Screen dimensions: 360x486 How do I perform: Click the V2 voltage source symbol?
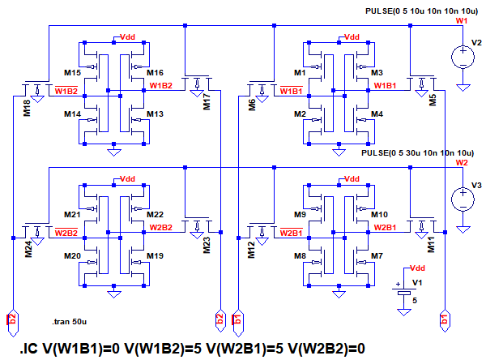click(x=463, y=57)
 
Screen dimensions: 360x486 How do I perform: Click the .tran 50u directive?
click(x=67, y=321)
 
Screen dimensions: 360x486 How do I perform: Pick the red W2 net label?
click(x=462, y=162)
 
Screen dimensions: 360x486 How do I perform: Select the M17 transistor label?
click(x=207, y=101)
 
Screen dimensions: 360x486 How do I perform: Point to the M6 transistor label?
click(x=253, y=103)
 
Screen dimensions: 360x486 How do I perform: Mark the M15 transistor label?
click(x=73, y=74)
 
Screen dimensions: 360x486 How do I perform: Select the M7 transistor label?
click(x=377, y=256)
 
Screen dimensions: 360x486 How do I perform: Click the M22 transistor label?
click(x=155, y=214)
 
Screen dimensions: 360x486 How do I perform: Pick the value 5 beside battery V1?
click(x=415, y=300)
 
